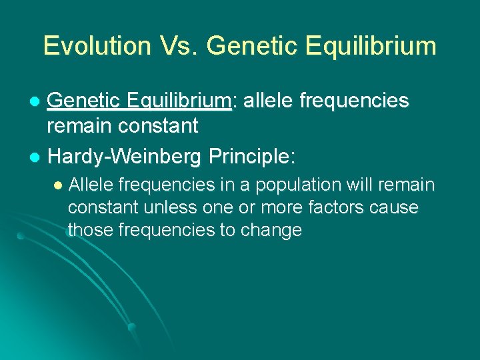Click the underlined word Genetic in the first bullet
[x=84, y=101]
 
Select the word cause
[x=395, y=207]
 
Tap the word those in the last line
[x=90, y=230]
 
